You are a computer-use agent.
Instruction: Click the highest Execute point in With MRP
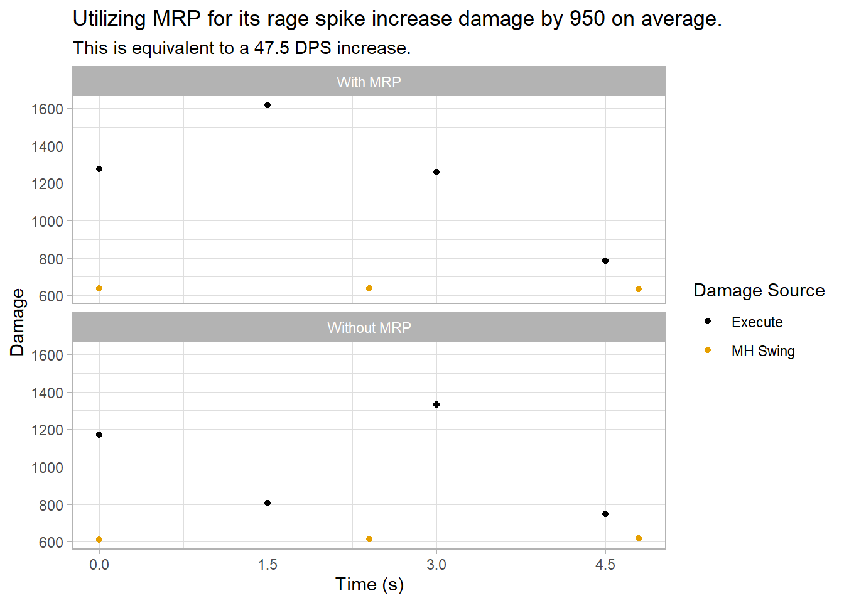click(268, 105)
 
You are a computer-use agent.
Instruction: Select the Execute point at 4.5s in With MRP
click(605, 261)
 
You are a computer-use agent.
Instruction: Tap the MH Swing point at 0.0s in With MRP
click(99, 288)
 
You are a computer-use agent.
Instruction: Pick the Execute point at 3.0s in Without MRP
click(436, 405)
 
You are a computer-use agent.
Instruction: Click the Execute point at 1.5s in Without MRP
click(268, 503)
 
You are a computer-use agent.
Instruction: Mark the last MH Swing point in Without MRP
click(639, 538)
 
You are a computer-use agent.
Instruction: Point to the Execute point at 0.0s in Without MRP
click(99, 435)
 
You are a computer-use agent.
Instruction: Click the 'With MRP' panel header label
click(369, 82)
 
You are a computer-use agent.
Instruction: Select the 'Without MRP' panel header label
click(369, 328)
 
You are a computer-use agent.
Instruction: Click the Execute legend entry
click(757, 322)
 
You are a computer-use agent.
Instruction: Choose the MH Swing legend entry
click(762, 351)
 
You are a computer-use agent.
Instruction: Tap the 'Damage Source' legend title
click(759, 290)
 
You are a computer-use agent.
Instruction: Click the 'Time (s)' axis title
click(369, 585)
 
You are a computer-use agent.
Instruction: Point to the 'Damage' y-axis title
click(18, 322)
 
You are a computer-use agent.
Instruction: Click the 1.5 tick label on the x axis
click(268, 565)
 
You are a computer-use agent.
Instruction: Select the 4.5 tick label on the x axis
click(605, 565)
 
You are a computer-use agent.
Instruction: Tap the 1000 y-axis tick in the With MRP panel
click(48, 222)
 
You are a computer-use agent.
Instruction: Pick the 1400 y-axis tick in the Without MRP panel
click(48, 393)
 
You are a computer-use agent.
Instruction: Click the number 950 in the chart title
click(588, 19)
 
